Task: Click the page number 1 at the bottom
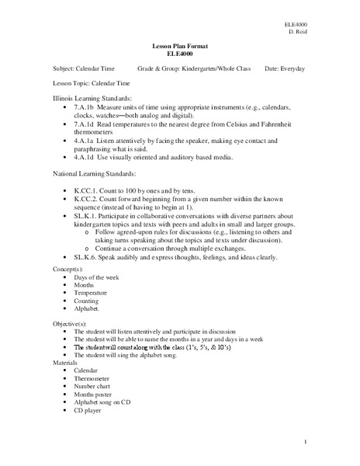point(307,442)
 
